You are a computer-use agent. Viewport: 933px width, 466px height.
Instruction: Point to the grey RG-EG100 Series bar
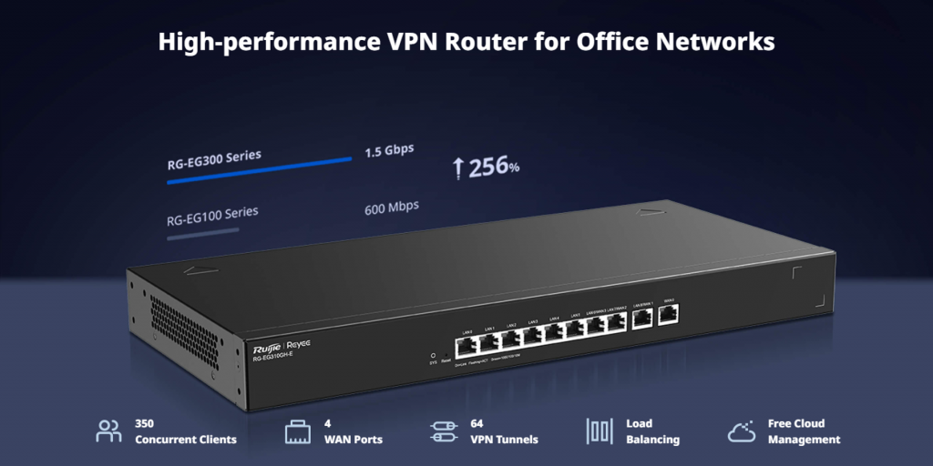[x=202, y=234]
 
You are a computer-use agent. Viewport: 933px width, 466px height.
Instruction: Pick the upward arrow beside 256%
[x=458, y=167]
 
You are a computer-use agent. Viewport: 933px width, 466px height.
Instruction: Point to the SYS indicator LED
[x=433, y=354]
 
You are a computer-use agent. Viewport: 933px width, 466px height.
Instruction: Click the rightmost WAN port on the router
[x=669, y=316]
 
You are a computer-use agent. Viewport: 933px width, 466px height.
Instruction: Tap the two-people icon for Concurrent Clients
[x=108, y=431]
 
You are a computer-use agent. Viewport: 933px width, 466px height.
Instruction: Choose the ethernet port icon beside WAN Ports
[x=298, y=431]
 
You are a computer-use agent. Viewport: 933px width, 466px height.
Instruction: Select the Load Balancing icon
[x=598, y=431]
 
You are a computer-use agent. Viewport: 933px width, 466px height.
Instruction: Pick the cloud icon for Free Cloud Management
[x=742, y=431]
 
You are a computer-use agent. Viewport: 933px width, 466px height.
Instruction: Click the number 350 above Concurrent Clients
[x=144, y=423]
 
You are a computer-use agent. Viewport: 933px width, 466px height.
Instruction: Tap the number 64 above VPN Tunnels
[x=477, y=423]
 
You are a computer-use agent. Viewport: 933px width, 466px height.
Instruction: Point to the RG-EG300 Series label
[x=214, y=159]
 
